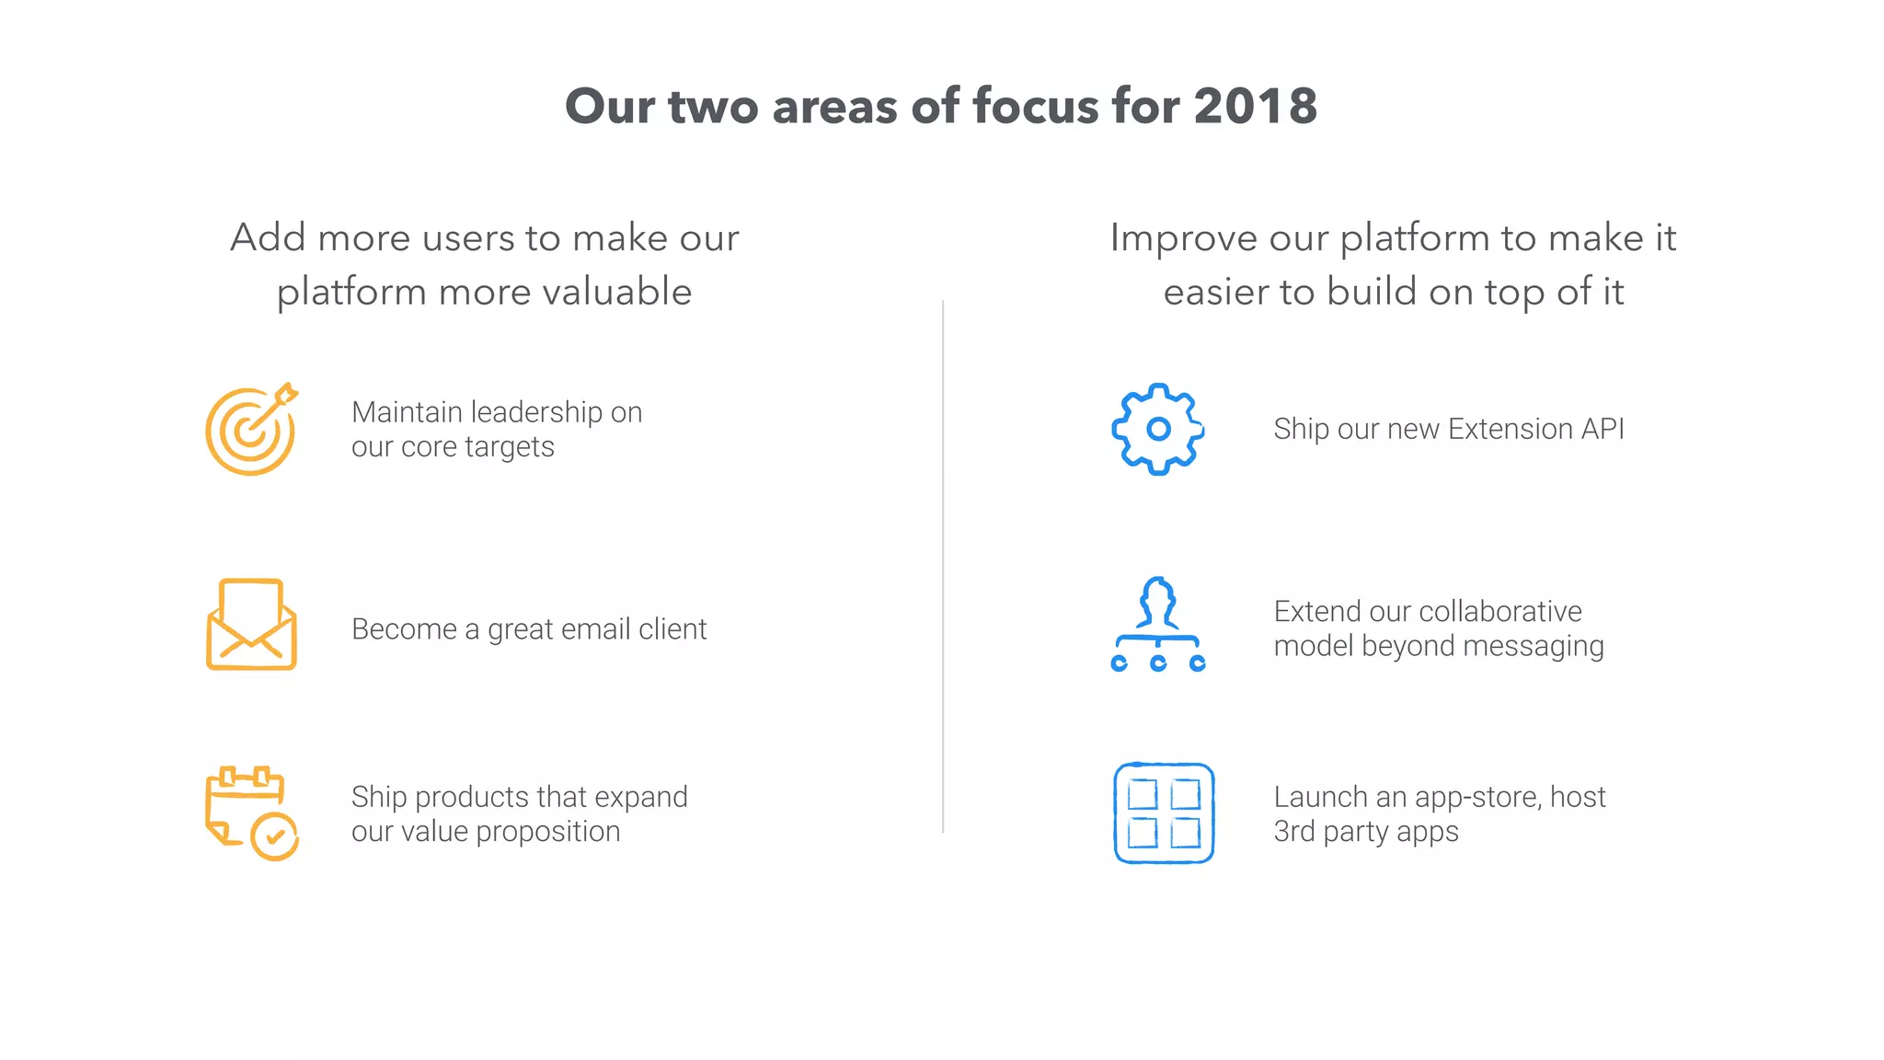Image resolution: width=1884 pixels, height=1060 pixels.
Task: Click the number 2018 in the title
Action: pyautogui.click(x=1255, y=107)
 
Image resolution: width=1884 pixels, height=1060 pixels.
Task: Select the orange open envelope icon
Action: pyautogui.click(x=251, y=625)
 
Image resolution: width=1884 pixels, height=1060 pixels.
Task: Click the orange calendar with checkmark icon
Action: pyautogui.click(x=251, y=813)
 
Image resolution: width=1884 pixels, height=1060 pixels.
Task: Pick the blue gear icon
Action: pyautogui.click(x=1158, y=429)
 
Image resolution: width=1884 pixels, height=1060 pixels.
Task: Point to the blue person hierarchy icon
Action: pyautogui.click(x=1158, y=625)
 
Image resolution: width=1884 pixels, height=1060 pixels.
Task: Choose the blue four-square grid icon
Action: pyautogui.click(x=1164, y=813)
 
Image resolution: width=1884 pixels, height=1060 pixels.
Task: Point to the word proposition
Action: pyautogui.click(x=548, y=832)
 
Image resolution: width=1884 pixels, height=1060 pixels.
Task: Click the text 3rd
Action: pyautogui.click(x=1294, y=832)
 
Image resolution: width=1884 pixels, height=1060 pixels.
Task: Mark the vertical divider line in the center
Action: pyautogui.click(x=943, y=566)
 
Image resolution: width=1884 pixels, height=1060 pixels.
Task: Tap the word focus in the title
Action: pyautogui.click(x=1036, y=107)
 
